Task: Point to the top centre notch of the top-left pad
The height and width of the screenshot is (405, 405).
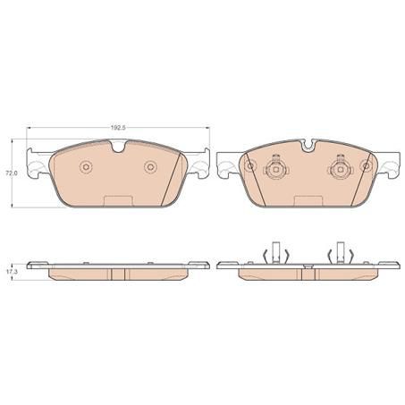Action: pos(118,148)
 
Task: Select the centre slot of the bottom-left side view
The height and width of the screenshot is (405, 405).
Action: pos(118,272)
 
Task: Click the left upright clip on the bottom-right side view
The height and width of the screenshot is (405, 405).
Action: pos(275,254)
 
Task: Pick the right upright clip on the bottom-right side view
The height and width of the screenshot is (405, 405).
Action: pos(340,254)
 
